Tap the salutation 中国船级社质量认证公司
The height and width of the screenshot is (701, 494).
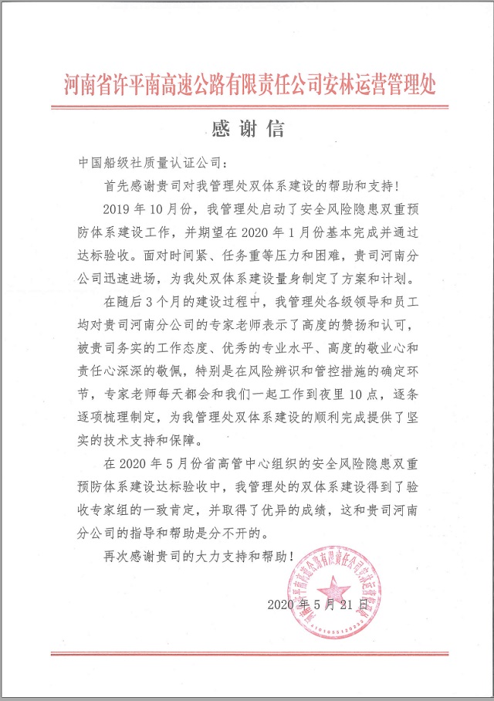click(x=151, y=164)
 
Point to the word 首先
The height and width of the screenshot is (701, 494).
click(x=117, y=186)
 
